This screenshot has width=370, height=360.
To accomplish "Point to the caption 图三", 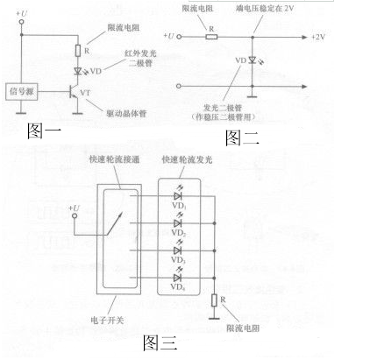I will click(160, 342).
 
